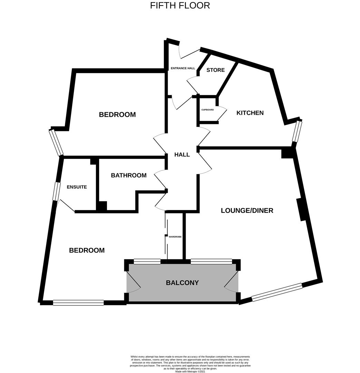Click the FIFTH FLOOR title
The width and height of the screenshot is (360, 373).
click(180, 6)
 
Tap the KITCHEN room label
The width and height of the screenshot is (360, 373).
click(250, 113)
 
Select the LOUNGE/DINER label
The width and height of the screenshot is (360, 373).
click(247, 210)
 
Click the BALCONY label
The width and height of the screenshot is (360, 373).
click(182, 283)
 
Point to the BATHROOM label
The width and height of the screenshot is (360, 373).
click(128, 175)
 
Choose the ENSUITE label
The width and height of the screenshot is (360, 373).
click(77, 187)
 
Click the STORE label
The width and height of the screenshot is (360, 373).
click(215, 70)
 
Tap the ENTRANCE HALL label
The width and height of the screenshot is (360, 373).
click(183, 68)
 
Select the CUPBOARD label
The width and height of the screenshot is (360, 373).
click(207, 110)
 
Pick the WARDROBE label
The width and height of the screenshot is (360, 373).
click(175, 237)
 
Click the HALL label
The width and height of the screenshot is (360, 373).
click(182, 155)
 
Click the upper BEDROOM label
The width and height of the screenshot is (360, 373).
click(117, 115)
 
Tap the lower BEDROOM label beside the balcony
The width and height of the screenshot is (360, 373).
click(87, 250)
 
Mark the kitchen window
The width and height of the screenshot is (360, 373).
click(297, 131)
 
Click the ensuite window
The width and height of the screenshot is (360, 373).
click(56, 191)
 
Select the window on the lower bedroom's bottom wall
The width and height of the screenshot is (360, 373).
click(78, 303)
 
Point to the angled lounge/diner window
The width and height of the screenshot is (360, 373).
click(277, 292)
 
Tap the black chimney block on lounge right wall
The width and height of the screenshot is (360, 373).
click(302, 209)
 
